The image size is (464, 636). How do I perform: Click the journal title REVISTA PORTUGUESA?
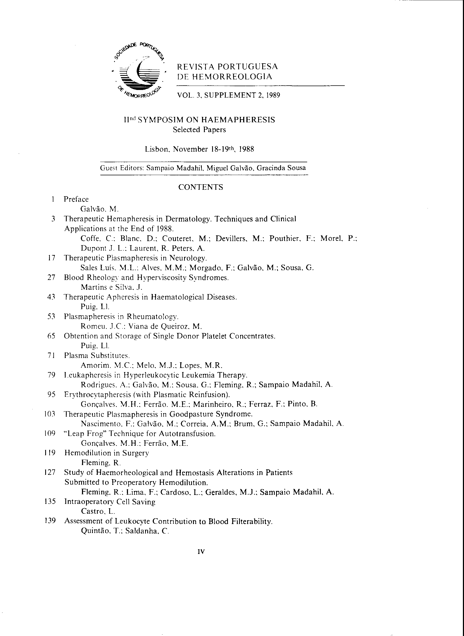pyautogui.click(x=227, y=67)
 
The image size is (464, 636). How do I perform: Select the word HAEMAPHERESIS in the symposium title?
pyautogui.click(x=238, y=120)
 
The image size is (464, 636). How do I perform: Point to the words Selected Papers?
pyautogui.click(x=199, y=130)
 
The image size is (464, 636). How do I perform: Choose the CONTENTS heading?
pyautogui.click(x=200, y=187)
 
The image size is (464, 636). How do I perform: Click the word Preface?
pyautogui.click(x=76, y=199)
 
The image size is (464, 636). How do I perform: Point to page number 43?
pyautogui.click(x=51, y=297)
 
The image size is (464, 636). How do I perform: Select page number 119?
pyautogui.click(x=50, y=453)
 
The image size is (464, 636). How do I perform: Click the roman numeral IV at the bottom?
pyautogui.click(x=201, y=552)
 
